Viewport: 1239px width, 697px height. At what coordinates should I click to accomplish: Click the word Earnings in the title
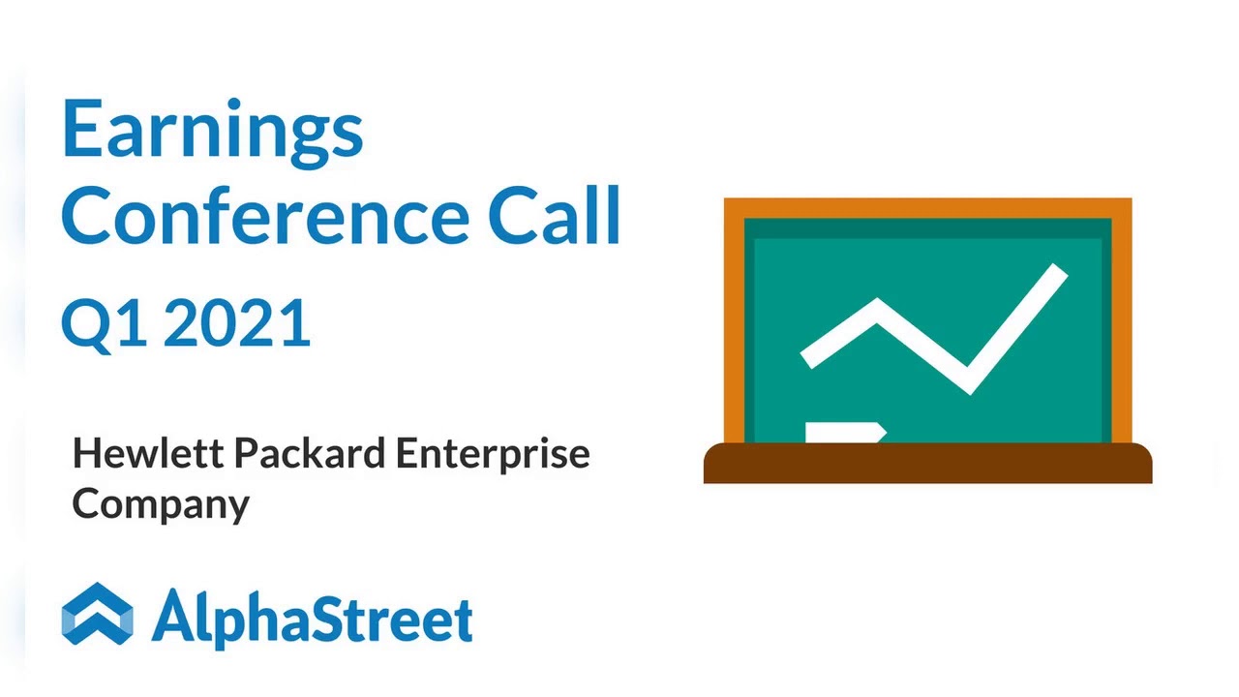tap(212, 130)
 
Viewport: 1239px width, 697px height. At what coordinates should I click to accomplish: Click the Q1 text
tap(104, 323)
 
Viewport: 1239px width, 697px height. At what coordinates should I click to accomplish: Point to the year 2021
tap(237, 323)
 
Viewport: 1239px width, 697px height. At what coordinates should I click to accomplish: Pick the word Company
tap(161, 503)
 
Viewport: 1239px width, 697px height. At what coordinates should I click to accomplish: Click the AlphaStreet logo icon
tap(97, 614)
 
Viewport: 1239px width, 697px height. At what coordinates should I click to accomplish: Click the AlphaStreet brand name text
tap(312, 616)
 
